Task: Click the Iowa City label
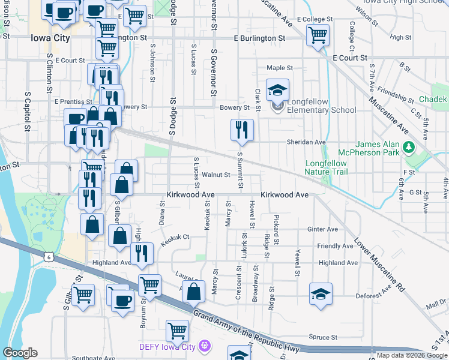[50, 37]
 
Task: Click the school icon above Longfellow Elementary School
[277, 90]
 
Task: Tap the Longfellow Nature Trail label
[326, 167]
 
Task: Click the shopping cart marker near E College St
[318, 34]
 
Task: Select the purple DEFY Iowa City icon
[205, 346]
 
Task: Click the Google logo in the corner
[20, 353]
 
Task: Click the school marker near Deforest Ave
[321, 294]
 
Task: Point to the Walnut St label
[216, 175]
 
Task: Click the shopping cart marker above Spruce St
[177, 330]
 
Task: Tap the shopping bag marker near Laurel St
[194, 292]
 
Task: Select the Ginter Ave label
[322, 229]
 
